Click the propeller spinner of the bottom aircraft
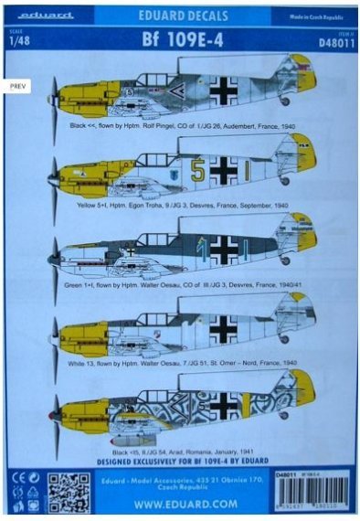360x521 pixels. tap(56, 415)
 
